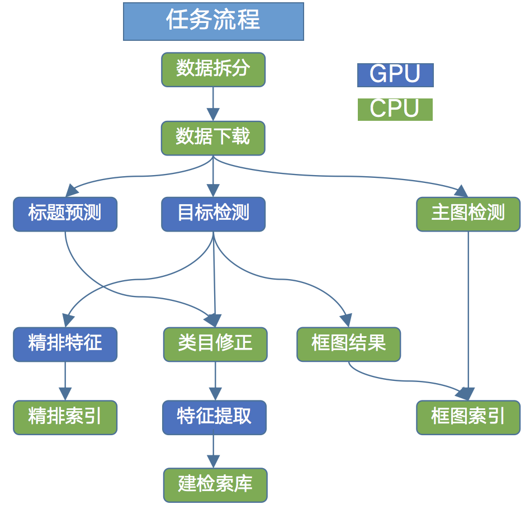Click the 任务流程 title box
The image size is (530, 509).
(213, 21)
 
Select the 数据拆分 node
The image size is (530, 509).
(213, 69)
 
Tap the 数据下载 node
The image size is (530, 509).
(213, 138)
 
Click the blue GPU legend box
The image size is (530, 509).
(395, 75)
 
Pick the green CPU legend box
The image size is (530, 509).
(395, 109)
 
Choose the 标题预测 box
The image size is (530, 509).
(65, 214)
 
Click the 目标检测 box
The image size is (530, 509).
(213, 214)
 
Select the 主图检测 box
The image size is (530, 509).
(468, 214)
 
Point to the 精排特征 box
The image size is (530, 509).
(65, 344)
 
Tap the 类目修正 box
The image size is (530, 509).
(215, 344)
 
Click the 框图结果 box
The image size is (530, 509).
(348, 344)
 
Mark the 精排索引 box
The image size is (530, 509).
(65, 417)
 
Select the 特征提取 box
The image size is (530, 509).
(214, 417)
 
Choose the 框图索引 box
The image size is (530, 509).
(468, 417)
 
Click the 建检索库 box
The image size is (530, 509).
(215, 484)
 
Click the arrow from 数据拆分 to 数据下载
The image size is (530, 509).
(213, 104)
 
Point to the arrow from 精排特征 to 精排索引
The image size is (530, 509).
(65, 381)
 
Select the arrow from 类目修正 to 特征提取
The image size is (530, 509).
(215, 381)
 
